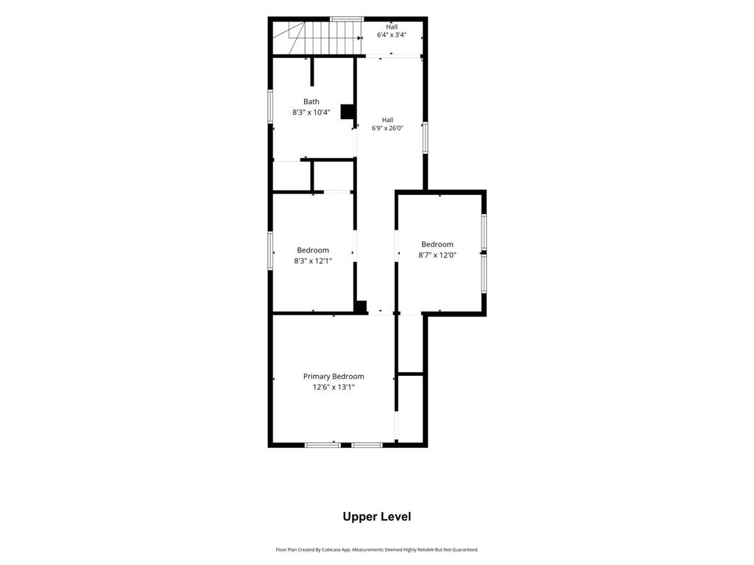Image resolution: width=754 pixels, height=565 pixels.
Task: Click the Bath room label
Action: pos(311,102)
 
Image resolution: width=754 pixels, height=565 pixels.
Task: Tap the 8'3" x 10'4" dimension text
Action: pos(311,113)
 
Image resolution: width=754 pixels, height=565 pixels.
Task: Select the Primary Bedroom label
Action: pos(334,376)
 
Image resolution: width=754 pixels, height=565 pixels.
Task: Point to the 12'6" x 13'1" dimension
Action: pos(334,387)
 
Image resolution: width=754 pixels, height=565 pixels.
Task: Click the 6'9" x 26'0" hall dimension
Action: pos(387,128)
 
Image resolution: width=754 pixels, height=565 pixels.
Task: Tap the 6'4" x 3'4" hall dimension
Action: pos(392,35)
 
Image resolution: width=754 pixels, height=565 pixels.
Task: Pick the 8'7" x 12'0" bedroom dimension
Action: pos(437,255)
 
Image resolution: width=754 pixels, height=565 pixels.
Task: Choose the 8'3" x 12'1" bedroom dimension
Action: pos(313,261)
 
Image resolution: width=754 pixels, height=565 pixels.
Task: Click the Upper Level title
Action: pos(377,516)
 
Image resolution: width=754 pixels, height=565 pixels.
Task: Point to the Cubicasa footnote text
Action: pos(377,550)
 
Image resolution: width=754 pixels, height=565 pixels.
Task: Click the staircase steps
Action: pos(332,38)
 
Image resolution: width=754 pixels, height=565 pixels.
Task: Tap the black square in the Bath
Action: pos(348,112)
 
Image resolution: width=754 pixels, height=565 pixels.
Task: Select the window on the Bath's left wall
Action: pos(270,106)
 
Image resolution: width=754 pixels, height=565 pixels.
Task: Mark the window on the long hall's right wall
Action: pos(425,138)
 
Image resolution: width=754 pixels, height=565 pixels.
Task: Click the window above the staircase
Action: pos(347,19)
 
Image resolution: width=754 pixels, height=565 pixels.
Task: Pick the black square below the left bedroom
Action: pos(361,307)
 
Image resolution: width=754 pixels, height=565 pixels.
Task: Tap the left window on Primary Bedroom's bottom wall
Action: pos(323,445)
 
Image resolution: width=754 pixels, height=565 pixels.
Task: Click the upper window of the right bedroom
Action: pos(484,232)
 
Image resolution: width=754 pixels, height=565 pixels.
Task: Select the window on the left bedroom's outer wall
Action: pos(270,250)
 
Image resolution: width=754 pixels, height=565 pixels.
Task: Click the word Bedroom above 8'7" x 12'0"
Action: pos(437,244)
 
